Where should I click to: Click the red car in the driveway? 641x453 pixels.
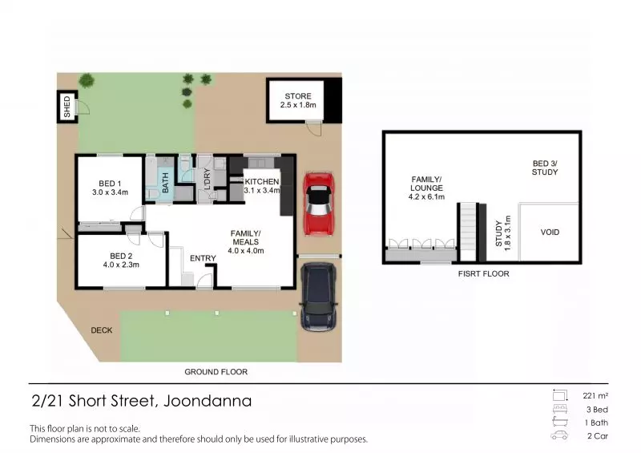pyautogui.click(x=319, y=204)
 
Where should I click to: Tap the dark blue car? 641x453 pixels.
pyautogui.click(x=319, y=297)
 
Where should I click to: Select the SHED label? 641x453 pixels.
pyautogui.click(x=67, y=107)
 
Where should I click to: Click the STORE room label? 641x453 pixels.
pyautogui.click(x=298, y=96)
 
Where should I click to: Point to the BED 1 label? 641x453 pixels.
pyautogui.click(x=110, y=184)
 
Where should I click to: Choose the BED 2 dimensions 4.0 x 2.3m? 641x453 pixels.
pyautogui.click(x=121, y=265)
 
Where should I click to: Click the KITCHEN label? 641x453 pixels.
pyautogui.click(x=262, y=181)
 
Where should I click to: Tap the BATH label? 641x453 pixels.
pyautogui.click(x=166, y=183)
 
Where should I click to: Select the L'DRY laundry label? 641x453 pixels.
pyautogui.click(x=207, y=179)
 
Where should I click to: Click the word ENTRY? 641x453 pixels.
pyautogui.click(x=203, y=258)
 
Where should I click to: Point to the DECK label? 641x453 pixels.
pyautogui.click(x=102, y=330)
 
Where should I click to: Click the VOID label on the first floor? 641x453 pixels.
pyautogui.click(x=550, y=232)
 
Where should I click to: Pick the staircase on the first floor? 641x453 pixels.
pyautogui.click(x=468, y=232)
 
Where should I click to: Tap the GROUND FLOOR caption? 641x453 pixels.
pyautogui.click(x=216, y=372)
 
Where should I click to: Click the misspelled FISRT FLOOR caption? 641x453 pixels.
pyautogui.click(x=484, y=273)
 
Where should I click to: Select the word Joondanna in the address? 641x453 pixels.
pyautogui.click(x=208, y=401)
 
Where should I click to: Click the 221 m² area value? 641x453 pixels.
pyautogui.click(x=595, y=396)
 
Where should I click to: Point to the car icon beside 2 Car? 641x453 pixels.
pyautogui.click(x=559, y=435)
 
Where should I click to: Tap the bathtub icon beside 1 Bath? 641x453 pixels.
pyautogui.click(x=559, y=422)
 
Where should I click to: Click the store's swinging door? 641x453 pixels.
pyautogui.click(x=315, y=128)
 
